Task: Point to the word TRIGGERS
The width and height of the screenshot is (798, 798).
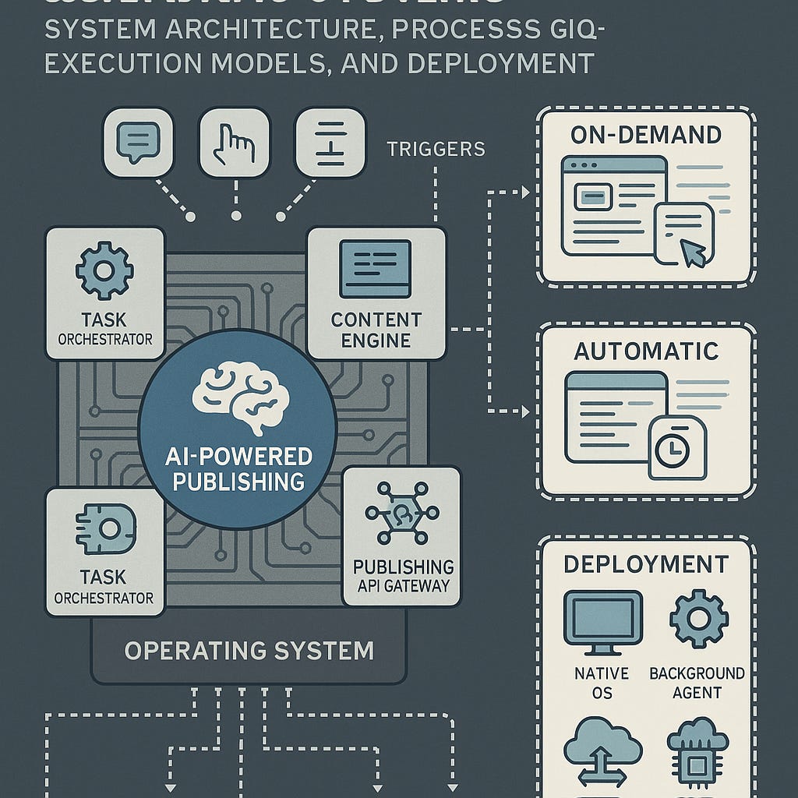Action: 436,148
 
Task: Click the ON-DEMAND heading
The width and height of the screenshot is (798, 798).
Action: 646,135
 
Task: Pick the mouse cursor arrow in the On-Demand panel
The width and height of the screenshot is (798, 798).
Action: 692,252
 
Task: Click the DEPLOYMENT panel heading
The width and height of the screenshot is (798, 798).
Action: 646,564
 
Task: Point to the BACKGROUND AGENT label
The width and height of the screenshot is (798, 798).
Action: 697,683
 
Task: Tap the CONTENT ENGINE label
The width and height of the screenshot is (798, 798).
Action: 376,330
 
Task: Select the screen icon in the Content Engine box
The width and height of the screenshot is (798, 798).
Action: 375,268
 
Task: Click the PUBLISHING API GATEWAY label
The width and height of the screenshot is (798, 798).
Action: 403,576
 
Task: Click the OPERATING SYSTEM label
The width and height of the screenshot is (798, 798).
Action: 249,650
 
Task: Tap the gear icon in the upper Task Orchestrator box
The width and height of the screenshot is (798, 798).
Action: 104,270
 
